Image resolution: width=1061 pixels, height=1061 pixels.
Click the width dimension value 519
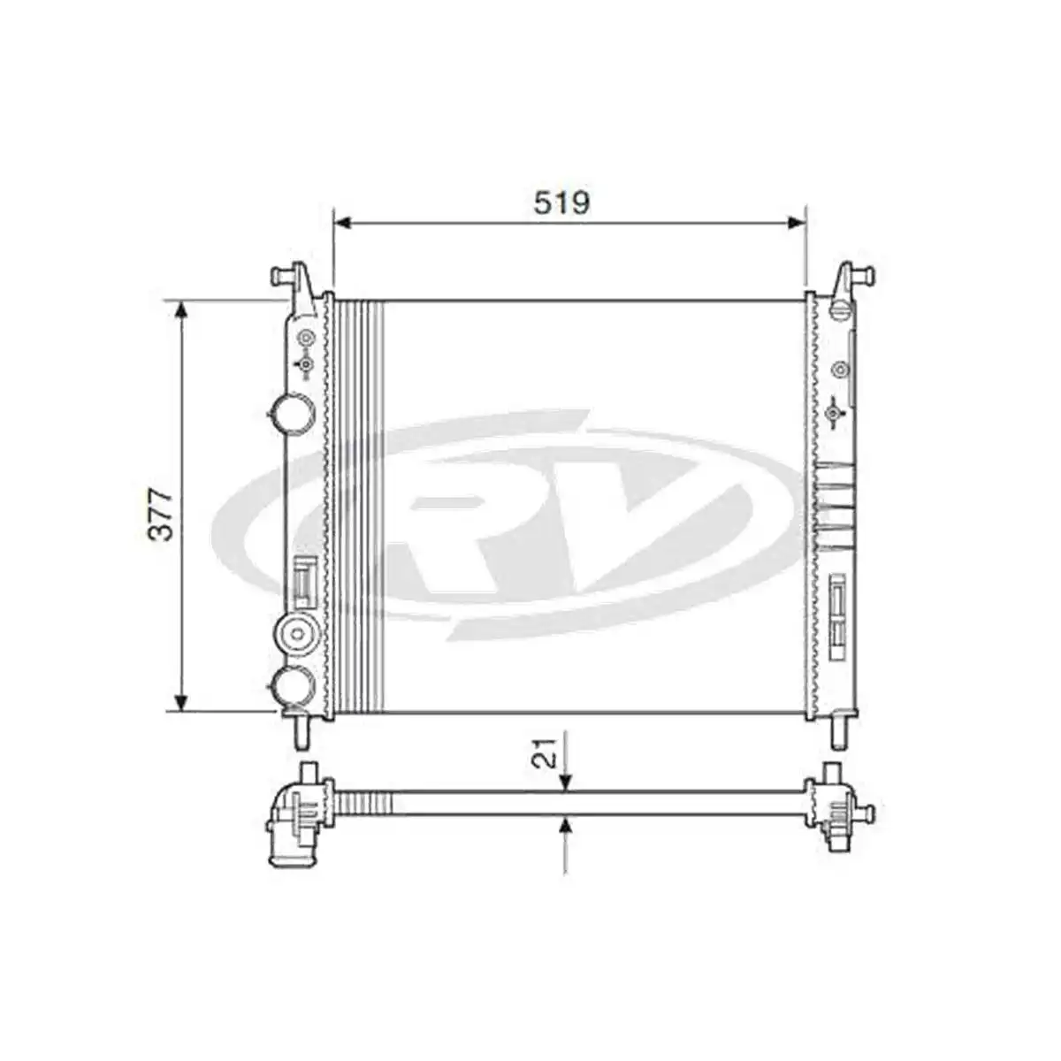click(561, 202)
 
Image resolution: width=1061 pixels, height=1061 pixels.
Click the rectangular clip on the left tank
click(304, 582)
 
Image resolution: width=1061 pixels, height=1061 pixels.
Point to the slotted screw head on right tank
click(840, 309)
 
